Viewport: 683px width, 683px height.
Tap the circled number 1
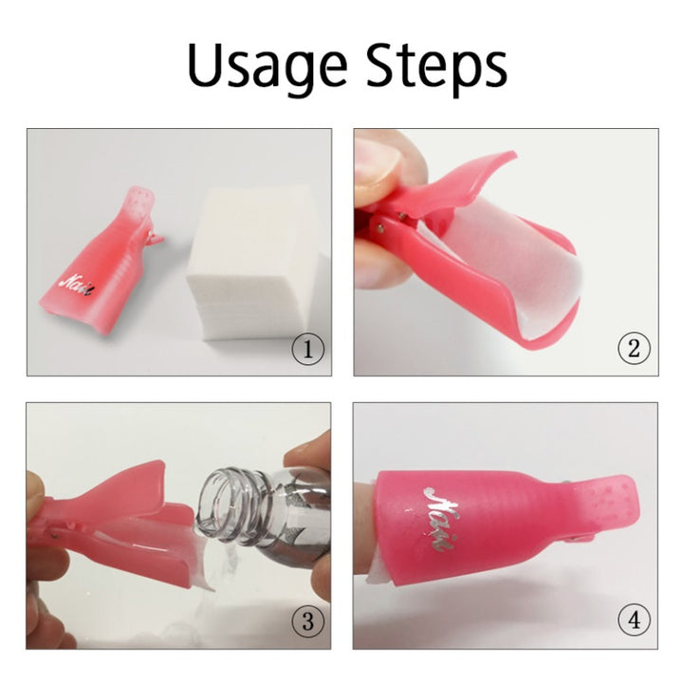[x=308, y=349]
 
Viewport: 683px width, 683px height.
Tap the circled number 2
[x=635, y=348]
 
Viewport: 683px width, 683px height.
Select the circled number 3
[x=308, y=621]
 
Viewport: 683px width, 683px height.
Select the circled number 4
[x=635, y=619]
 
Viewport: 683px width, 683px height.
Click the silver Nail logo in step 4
[x=441, y=519]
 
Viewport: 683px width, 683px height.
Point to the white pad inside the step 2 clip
[x=514, y=266]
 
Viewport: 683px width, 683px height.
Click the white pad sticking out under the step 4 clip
[x=379, y=575]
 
